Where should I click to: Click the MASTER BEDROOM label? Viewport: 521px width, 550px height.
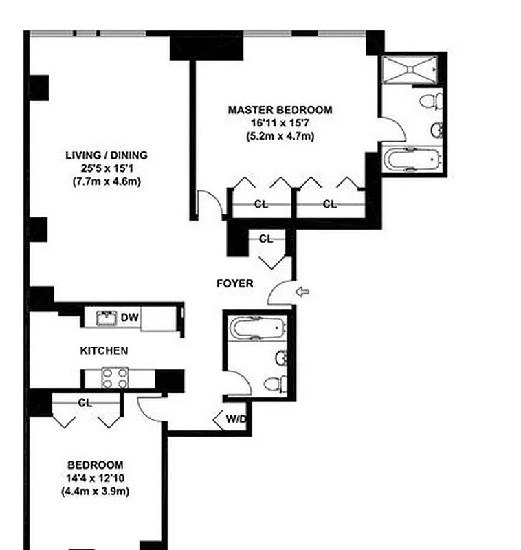pos(280,110)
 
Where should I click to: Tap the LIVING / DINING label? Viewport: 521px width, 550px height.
pos(107,155)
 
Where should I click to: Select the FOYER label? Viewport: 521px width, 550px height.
pos(234,283)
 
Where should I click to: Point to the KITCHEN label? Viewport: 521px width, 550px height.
pos(104,351)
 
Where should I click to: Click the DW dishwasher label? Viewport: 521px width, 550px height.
pos(129,318)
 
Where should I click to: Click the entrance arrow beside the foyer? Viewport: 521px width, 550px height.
pos(302,292)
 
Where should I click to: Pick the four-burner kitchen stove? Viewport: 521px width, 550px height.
pos(115,377)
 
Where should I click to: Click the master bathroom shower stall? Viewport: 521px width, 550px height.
pos(410,69)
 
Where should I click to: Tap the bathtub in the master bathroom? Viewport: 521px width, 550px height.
pos(410,160)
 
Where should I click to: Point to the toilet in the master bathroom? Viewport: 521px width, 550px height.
pos(430,102)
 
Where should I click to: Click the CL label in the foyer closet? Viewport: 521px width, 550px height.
pos(266,239)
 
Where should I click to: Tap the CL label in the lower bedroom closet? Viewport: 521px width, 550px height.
pos(85,404)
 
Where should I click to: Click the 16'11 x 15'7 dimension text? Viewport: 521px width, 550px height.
pos(280,123)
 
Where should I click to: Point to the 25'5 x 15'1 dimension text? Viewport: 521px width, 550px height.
pos(107,168)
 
